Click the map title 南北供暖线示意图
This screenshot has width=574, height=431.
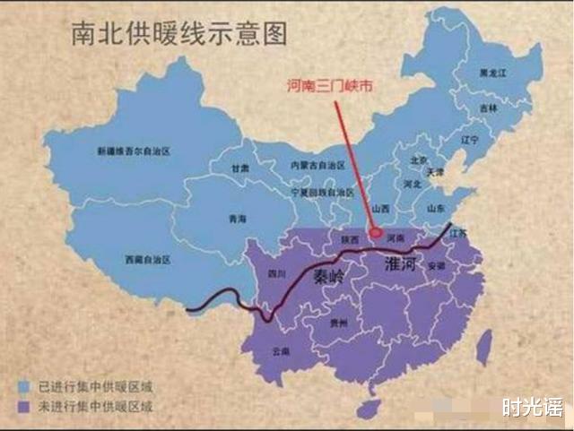point(179,34)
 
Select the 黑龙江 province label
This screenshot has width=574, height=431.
point(491,72)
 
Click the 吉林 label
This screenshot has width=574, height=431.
point(487,107)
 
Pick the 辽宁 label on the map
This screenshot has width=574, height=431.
point(468,141)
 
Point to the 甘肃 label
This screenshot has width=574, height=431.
point(239,168)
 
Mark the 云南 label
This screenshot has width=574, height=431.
point(282,351)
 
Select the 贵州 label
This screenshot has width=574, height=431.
point(338,323)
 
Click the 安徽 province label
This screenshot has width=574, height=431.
point(436,266)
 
